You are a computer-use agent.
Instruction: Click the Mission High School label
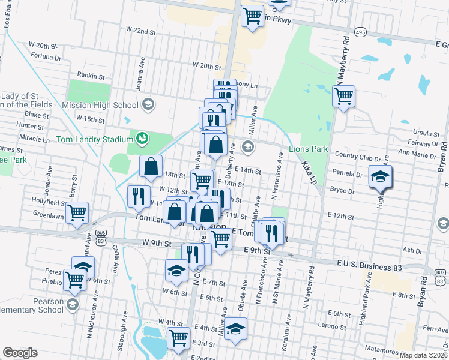(109, 105)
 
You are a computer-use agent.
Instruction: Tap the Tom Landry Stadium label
(94, 140)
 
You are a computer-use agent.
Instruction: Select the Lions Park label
(309, 149)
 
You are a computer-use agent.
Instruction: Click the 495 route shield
(360, 32)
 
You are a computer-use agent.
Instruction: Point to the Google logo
(20, 353)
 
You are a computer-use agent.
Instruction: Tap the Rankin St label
(91, 77)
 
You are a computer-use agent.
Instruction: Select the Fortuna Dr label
(46, 58)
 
